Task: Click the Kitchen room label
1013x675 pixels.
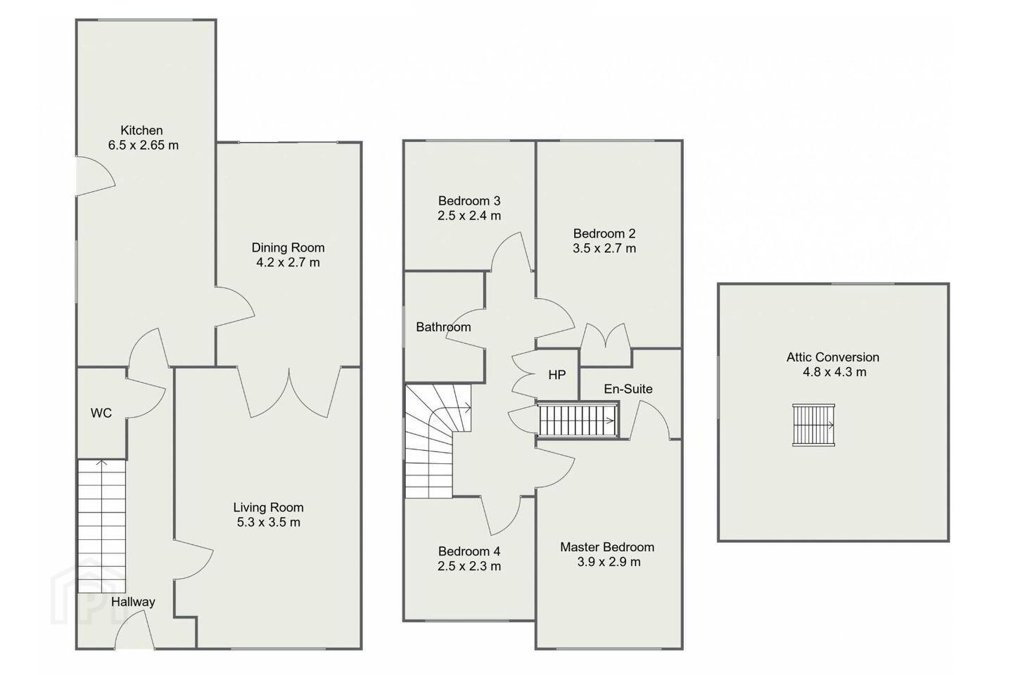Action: tap(141, 130)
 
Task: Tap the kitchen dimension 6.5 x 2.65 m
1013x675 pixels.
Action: tap(144, 145)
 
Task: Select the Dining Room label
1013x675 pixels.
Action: tap(288, 247)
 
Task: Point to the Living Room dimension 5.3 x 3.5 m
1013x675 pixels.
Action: tap(269, 522)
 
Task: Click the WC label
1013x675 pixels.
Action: tap(101, 413)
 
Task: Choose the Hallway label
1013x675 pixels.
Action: tap(133, 602)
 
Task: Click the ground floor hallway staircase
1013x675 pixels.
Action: tap(102, 526)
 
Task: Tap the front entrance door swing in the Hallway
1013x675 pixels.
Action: tap(134, 629)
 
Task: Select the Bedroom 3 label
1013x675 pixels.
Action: tap(469, 200)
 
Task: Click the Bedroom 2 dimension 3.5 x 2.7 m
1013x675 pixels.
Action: tap(605, 248)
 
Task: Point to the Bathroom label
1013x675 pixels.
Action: tap(443, 327)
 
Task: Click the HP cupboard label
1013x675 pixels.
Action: tap(556, 375)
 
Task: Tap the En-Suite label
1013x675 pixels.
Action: tap(628, 389)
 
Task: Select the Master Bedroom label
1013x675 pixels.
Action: tap(607, 547)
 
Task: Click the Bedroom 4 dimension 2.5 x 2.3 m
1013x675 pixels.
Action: tap(469, 566)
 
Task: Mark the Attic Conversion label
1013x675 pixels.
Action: tap(833, 357)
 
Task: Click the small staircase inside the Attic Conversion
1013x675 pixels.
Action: tap(813, 425)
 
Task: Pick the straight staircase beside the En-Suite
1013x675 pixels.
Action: tap(578, 420)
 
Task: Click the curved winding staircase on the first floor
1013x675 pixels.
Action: tap(438, 441)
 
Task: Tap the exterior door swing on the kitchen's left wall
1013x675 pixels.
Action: tap(96, 176)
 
